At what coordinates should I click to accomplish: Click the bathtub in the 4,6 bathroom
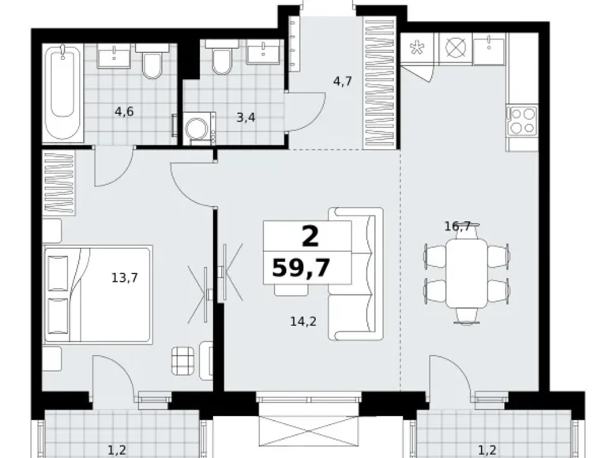click(63, 93)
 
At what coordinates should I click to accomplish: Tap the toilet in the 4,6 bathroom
click(152, 62)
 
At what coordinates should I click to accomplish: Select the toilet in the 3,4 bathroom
click(222, 58)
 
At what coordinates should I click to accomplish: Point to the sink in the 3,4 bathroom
click(263, 52)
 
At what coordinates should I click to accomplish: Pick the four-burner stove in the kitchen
click(522, 121)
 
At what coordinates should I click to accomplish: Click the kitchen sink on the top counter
click(489, 49)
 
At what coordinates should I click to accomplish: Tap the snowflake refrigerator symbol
click(416, 48)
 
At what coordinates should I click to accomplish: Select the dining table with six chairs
click(466, 273)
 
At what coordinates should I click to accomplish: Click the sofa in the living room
click(355, 274)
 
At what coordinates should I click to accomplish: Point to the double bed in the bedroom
click(97, 295)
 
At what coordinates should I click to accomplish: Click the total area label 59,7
click(301, 268)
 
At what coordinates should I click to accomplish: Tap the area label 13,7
click(125, 278)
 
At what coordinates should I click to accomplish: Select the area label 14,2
click(303, 321)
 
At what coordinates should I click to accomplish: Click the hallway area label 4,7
click(342, 81)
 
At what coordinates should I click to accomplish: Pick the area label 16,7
click(457, 227)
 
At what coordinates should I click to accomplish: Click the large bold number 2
click(310, 237)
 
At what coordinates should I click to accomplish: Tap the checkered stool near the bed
click(182, 361)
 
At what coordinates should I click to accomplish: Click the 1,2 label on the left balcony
click(117, 450)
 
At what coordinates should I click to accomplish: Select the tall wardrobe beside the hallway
click(380, 82)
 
